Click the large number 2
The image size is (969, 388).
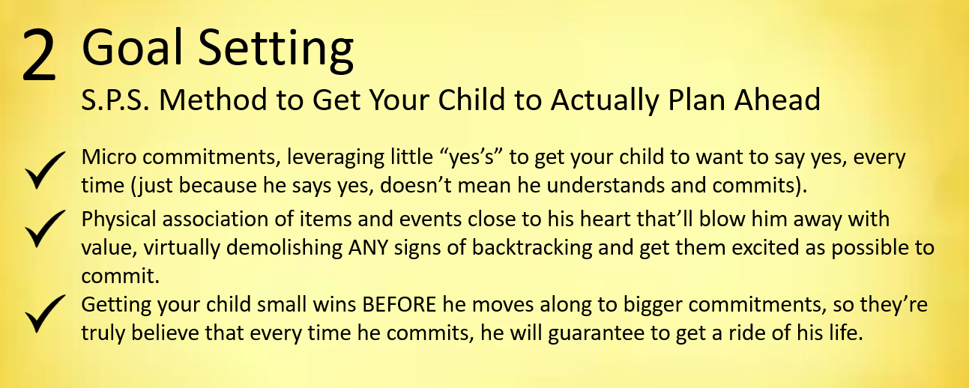(39, 55)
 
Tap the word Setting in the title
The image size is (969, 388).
(276, 49)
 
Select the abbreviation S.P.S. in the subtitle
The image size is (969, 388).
(115, 100)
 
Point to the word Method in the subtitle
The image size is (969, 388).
(214, 100)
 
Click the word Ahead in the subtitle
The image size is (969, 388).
(777, 100)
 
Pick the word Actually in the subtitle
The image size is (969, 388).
(605, 100)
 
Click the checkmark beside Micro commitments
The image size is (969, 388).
(45, 170)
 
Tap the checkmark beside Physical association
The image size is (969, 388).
(45, 228)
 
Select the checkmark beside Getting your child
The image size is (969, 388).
(45, 314)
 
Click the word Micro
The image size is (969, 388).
(109, 157)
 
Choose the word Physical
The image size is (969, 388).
(118, 220)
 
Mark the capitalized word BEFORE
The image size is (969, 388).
(399, 306)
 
